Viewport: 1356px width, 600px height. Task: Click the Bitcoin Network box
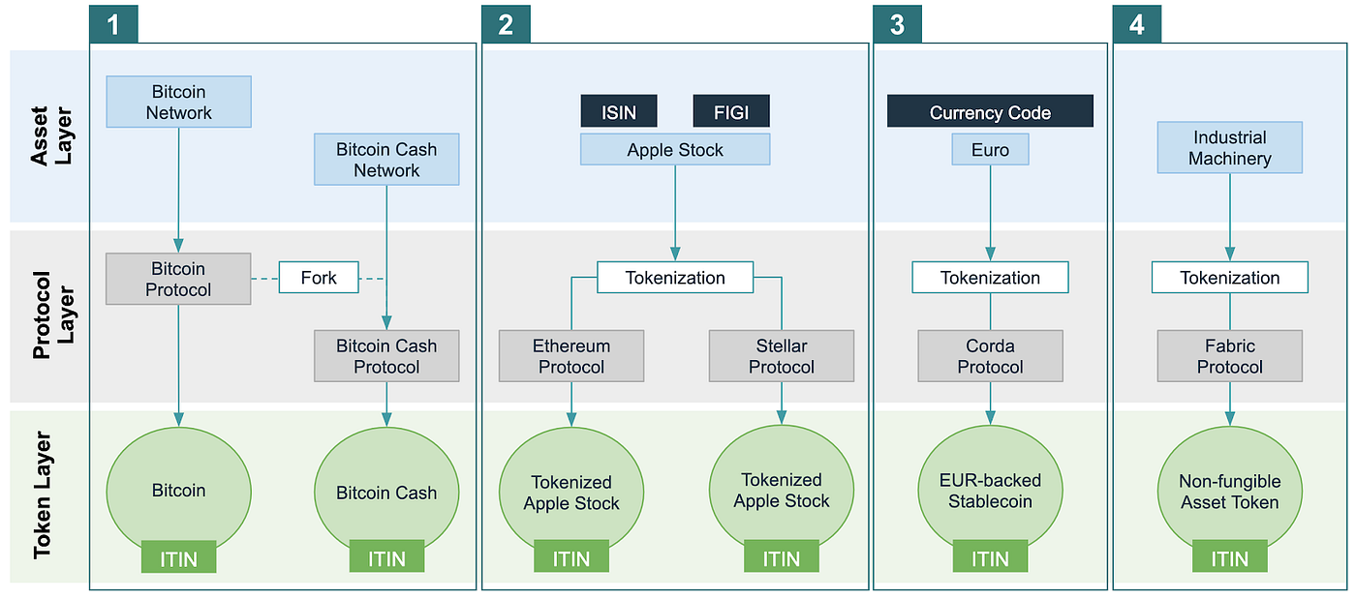[178, 102]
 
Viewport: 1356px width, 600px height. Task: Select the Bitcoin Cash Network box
[386, 160]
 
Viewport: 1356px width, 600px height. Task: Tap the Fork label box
[319, 278]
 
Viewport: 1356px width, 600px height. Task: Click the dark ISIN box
[619, 111]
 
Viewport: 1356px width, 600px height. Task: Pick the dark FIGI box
[731, 111]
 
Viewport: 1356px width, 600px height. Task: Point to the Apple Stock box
[675, 150]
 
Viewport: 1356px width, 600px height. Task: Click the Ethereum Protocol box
[571, 356]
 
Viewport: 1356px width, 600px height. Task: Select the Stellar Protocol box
[782, 356]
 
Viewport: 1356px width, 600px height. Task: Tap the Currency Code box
[990, 112]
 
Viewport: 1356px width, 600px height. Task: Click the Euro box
[990, 150]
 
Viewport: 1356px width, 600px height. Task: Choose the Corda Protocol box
[990, 356]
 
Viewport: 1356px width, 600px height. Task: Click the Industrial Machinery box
[1230, 148]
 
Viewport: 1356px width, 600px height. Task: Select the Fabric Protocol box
[1230, 356]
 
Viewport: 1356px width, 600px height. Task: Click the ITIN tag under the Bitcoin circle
[178, 558]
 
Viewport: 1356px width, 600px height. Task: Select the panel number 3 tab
[897, 24]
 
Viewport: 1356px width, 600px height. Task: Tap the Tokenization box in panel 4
[1230, 278]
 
